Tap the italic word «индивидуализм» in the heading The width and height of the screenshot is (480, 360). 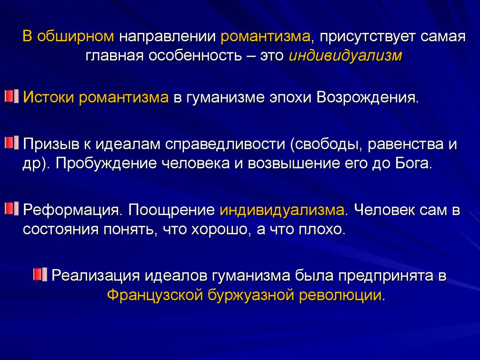[x=345, y=56]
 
